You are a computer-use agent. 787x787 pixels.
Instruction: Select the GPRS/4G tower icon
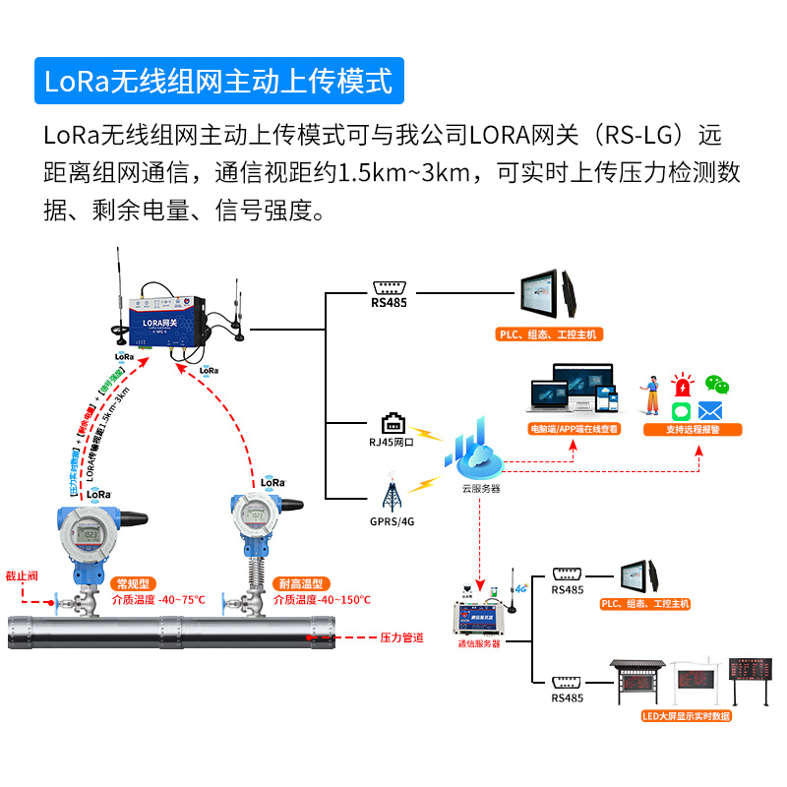pyautogui.click(x=391, y=495)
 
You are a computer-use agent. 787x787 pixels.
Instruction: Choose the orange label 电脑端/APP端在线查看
pyautogui.click(x=575, y=429)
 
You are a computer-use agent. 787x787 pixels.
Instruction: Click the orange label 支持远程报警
pyautogui.click(x=693, y=429)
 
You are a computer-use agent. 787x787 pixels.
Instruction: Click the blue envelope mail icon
pyautogui.click(x=710, y=411)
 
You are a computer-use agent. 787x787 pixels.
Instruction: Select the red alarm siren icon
pyautogui.click(x=681, y=385)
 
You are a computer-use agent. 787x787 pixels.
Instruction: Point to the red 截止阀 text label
pyautogui.click(x=22, y=575)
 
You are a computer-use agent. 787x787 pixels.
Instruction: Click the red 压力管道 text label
pyautogui.click(x=401, y=637)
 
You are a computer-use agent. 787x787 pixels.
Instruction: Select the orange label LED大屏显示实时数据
pyautogui.click(x=686, y=716)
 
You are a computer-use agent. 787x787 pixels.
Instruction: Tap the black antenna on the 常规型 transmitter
pyautogui.click(x=132, y=516)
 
